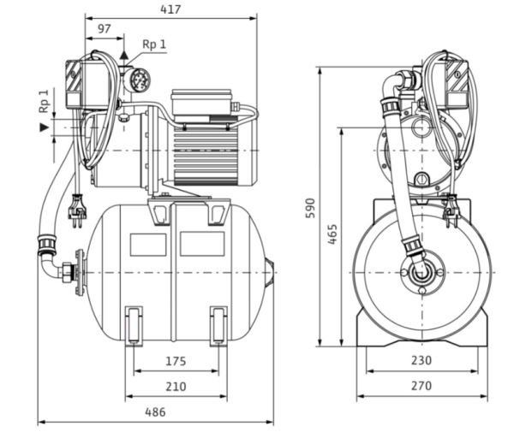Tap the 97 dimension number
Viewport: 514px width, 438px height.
(x=104, y=29)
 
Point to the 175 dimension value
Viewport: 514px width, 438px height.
(x=175, y=362)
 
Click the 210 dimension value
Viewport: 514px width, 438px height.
(x=175, y=387)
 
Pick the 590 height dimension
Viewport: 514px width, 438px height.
(x=310, y=209)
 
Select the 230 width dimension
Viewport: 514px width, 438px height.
(x=420, y=361)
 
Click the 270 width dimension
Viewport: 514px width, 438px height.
(x=420, y=387)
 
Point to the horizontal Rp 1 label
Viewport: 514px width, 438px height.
(x=153, y=44)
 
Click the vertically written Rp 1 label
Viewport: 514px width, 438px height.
(x=44, y=100)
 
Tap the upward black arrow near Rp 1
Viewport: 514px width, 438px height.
(x=124, y=55)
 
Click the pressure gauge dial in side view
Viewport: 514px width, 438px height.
(x=139, y=82)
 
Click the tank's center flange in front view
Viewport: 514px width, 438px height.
(x=420, y=273)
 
